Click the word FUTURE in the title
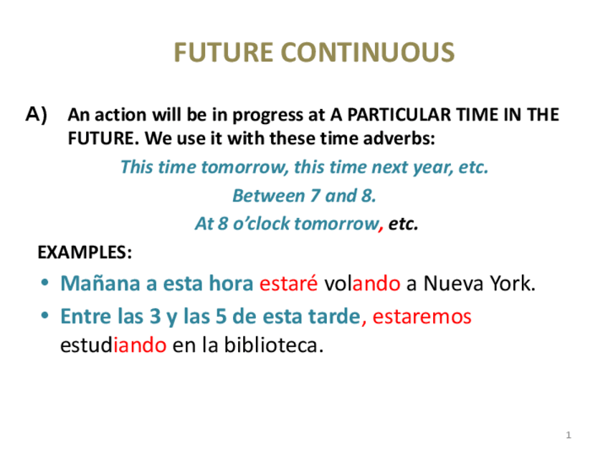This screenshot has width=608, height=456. tap(224, 52)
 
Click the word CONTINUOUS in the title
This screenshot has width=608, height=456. tap(368, 52)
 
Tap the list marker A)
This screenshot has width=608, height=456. tap(37, 115)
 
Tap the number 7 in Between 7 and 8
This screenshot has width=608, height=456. tap(315, 196)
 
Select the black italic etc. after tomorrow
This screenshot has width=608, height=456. tap(403, 224)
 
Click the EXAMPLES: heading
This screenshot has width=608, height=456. tap(85, 252)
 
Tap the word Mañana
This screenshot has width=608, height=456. tap(100, 283)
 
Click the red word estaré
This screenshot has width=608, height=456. tap(288, 283)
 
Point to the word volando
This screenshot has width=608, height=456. tap(362, 283)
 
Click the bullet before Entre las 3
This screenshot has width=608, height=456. tap(45, 315)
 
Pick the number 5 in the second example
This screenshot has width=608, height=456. tap(221, 316)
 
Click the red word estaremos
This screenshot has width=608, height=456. tap(422, 316)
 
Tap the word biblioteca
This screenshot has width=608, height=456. tap(274, 345)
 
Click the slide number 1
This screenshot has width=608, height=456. tap(569, 435)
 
